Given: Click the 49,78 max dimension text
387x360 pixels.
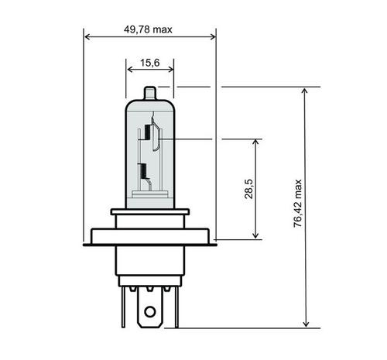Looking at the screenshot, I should point(148,29).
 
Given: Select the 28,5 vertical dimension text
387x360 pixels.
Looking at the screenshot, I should point(248,190).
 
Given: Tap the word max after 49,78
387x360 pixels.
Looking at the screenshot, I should point(162,29).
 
